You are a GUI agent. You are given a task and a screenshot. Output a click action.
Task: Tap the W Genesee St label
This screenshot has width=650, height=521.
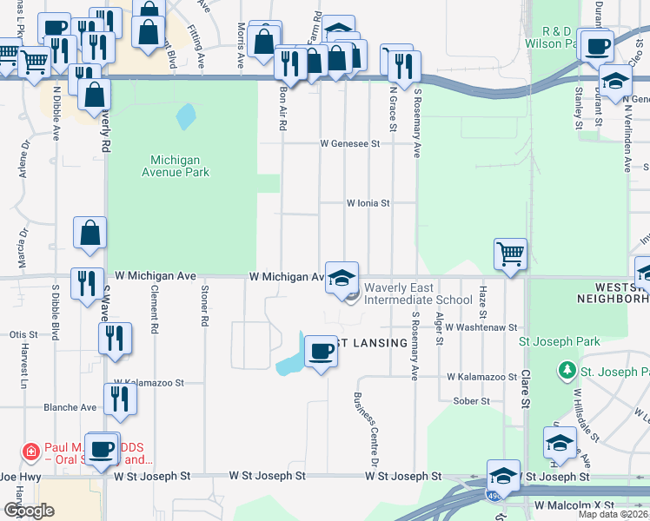[x=350, y=143]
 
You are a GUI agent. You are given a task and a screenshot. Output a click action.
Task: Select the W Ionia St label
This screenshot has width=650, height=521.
[x=368, y=203]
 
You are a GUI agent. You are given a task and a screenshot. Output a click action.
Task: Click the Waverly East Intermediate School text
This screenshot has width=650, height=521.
[x=418, y=293]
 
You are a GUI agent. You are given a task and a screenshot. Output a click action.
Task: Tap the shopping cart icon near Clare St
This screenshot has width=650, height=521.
[x=510, y=254]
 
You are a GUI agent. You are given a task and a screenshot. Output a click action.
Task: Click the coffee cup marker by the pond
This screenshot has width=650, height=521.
[x=322, y=352]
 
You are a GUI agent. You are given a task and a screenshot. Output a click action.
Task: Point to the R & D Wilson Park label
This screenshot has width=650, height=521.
[x=558, y=36]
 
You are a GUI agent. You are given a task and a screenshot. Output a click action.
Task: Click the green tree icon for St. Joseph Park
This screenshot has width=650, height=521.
[x=567, y=371]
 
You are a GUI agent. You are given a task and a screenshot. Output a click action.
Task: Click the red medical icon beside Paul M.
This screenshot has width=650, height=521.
[x=30, y=452]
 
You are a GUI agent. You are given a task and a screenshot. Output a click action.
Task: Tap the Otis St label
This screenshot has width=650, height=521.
[x=23, y=334]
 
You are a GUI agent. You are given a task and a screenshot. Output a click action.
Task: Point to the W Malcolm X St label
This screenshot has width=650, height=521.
[x=574, y=505]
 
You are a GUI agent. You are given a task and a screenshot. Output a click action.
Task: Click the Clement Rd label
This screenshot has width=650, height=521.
[x=154, y=310]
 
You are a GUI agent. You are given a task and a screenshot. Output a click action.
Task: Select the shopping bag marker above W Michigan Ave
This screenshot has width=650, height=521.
[x=90, y=233]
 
